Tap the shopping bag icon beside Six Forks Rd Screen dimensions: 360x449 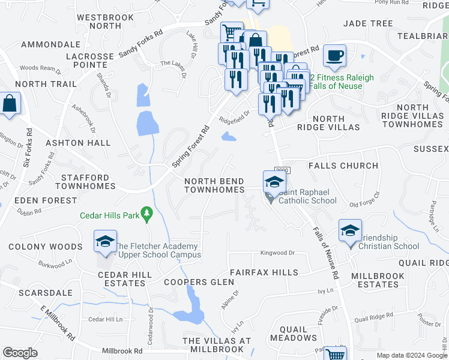click(x=10, y=103)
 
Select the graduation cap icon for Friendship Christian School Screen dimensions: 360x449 click(x=350, y=230)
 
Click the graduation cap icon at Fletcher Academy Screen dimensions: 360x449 click(x=105, y=241)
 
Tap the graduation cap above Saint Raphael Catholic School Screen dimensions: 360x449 click(x=274, y=181)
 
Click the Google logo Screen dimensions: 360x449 click(x=20, y=353)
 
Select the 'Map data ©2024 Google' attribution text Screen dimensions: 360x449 click(x=411, y=355)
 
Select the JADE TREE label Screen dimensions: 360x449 click(x=368, y=23)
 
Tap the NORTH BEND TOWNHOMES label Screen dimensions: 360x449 click(x=214, y=185)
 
